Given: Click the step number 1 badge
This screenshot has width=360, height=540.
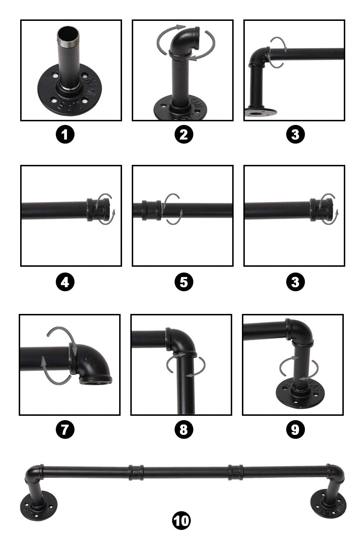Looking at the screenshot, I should tap(65, 135).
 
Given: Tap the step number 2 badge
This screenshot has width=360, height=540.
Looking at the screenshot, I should tap(184, 135).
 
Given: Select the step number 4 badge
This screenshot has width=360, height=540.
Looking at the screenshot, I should tap(65, 282).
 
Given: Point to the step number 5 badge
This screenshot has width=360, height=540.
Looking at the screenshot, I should tap(184, 282).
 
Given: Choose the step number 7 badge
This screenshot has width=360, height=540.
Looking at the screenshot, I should tap(65, 429).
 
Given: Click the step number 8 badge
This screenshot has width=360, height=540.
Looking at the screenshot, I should tap(184, 429).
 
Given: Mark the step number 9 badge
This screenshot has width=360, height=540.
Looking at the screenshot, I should tap(295, 429).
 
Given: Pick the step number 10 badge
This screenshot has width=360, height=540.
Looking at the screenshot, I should tap(181, 520).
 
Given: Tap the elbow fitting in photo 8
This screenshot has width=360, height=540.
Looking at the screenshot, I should tap(180, 342).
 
